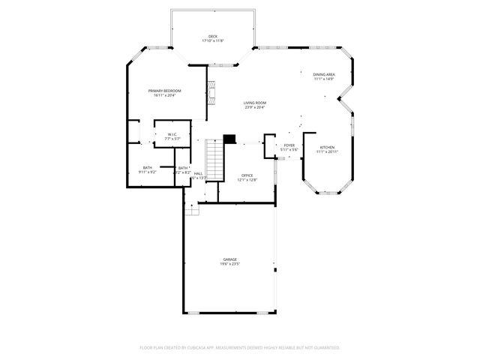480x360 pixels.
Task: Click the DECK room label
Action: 213,36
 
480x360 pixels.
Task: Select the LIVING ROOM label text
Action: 255,103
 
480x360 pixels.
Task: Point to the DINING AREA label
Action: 324,74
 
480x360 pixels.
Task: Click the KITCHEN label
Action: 327,147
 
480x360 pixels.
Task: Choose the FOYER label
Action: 289,145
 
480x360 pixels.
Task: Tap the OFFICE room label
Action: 247,175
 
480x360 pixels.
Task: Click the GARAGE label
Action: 229,259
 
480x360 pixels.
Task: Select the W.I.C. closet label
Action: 172,134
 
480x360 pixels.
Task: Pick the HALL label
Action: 198,173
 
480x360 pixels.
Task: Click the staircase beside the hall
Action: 215,160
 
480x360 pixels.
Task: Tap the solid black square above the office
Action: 229,138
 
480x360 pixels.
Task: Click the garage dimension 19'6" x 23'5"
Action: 229,264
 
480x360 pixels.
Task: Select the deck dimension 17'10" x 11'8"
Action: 213,40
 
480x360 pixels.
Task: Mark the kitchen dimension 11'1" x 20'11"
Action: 327,151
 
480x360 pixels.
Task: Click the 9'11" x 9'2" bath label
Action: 148,172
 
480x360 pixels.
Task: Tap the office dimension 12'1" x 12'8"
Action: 247,180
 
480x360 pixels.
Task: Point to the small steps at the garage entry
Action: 193,210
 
